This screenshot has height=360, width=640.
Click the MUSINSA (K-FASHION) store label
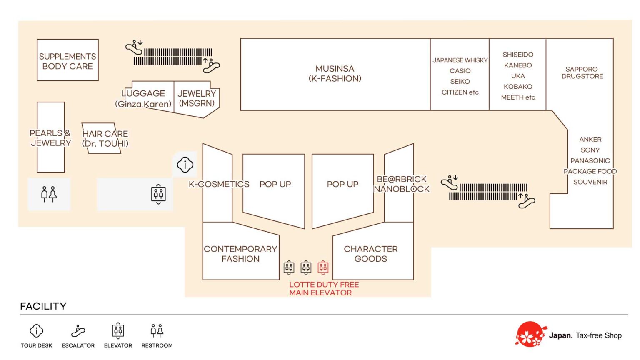click(335, 74)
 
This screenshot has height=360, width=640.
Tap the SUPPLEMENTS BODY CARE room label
click(67, 61)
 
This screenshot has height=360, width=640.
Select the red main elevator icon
click(323, 267)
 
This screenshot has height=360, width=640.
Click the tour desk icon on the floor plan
click(185, 165)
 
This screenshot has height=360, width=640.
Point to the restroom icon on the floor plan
click(49, 194)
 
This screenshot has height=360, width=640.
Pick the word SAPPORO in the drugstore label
click(581, 69)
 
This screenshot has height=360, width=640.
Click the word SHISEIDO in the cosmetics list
click(518, 55)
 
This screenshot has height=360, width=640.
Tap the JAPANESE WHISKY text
click(460, 60)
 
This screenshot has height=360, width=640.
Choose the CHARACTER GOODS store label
click(371, 254)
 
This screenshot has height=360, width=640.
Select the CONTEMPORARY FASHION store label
click(240, 254)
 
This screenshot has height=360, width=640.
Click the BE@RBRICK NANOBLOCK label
click(402, 184)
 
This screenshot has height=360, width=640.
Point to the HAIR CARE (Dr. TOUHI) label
click(105, 139)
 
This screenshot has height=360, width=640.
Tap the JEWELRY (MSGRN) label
click(197, 98)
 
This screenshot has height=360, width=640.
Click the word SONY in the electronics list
click(590, 150)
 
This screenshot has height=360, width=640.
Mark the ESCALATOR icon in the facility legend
click(78, 331)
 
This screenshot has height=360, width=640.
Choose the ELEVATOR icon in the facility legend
click(118, 331)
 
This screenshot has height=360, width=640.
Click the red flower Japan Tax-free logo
click(530, 334)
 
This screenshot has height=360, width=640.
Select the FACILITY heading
click(43, 306)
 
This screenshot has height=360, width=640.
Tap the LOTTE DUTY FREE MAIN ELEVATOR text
click(324, 289)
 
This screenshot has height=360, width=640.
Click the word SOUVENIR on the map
click(590, 182)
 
